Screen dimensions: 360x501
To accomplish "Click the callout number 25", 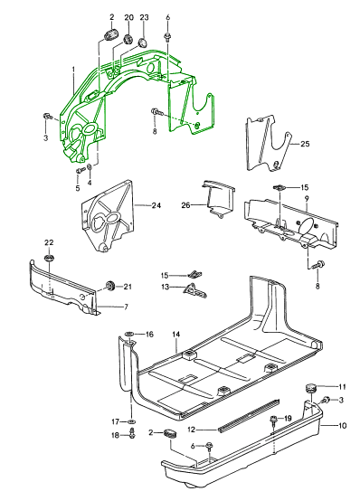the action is pos(305,144).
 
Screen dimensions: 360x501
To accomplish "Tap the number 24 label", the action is pos(156,205).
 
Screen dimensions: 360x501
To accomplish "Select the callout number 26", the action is pos(185,204).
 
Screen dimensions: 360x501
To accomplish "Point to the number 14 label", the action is pos(176,335).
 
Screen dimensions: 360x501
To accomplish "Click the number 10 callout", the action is pos(342,426).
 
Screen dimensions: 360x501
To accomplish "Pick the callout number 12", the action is pos(191,430).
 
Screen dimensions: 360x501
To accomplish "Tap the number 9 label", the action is pos(307,198).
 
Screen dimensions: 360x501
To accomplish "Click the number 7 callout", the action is pos(126,307).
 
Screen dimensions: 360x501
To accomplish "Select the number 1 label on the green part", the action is pos(73,69).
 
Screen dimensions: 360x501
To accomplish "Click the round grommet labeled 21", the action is pos(110,285).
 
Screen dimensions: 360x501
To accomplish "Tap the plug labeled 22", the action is pos(49,258).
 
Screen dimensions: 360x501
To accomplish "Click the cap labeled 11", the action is pos(310,389).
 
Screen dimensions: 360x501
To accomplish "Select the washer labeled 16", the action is pos(129,334).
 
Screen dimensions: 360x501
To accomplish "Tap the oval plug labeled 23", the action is pos(142,43).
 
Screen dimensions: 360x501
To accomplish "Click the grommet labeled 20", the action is pos(128,39).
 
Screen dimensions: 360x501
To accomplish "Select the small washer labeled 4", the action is pos(90,166).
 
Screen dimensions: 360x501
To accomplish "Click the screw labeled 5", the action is pos(79,171).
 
